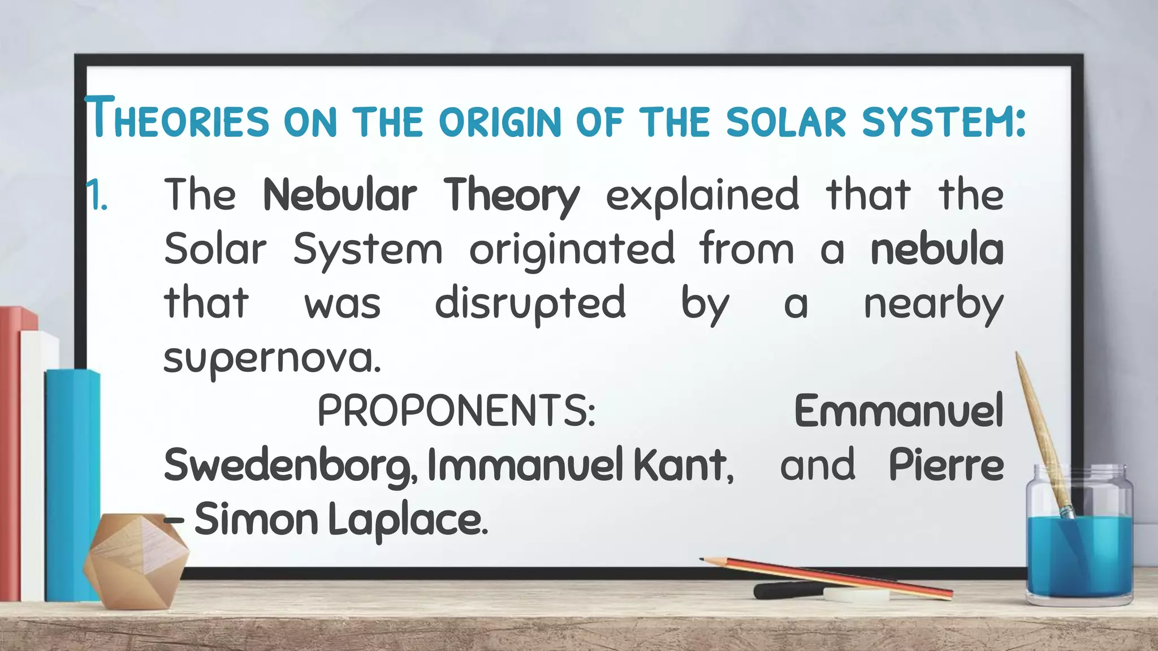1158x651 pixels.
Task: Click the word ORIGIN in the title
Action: point(500,122)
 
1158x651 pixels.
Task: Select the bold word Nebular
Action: point(340,195)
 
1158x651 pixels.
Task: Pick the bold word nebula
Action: point(937,249)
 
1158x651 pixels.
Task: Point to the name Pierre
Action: point(946,465)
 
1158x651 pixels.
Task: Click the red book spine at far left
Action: point(10,452)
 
